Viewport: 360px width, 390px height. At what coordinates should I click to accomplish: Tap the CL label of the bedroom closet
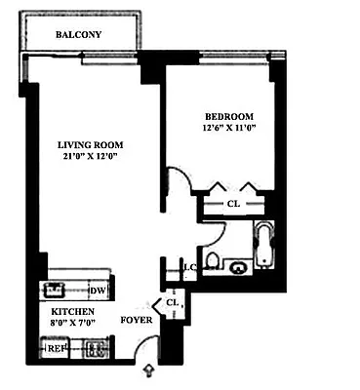[x=233, y=204]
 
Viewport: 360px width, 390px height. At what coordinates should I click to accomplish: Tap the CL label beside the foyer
[x=173, y=303]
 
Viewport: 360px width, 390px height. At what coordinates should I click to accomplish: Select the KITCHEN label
[x=73, y=312]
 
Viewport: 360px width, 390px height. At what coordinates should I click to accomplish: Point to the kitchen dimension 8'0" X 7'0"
[x=74, y=326]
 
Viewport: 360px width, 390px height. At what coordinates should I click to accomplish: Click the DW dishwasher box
[x=97, y=291]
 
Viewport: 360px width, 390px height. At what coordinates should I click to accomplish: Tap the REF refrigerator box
[x=58, y=348]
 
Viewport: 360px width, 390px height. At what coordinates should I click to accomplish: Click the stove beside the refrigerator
[x=96, y=348]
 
